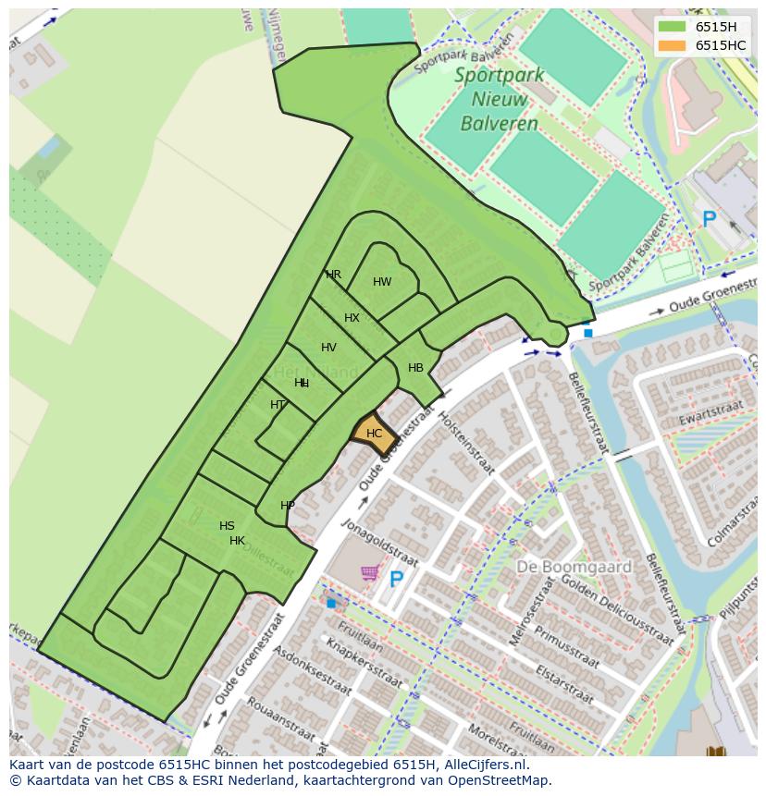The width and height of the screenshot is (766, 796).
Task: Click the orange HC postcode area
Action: pos(374,434)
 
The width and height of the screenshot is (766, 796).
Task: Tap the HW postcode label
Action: pos(382,282)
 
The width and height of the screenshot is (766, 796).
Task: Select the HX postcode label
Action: pos(352,318)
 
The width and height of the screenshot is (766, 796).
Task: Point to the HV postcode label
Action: pos(328,348)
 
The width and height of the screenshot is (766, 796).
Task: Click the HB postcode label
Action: pos(415,368)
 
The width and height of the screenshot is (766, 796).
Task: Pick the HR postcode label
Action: pos(333,275)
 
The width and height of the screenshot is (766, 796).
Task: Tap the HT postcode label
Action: pos(278,405)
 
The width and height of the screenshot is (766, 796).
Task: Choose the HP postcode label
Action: pos(288,506)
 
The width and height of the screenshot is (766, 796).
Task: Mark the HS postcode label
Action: pos(227,526)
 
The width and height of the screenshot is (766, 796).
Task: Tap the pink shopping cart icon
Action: pos(369,573)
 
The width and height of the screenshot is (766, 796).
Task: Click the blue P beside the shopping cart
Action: pos(397,580)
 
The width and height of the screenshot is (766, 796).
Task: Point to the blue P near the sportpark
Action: pos(709,220)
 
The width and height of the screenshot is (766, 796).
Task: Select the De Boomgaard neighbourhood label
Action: pos(574,567)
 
